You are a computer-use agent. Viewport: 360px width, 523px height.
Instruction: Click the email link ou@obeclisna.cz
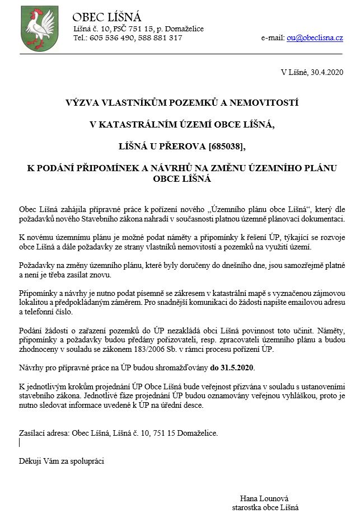point(315,38)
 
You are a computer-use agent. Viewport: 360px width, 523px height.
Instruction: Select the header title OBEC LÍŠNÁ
point(107,17)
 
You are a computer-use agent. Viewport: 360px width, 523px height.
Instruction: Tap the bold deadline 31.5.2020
point(233,368)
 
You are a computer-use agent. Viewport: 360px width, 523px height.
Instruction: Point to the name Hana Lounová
point(264,498)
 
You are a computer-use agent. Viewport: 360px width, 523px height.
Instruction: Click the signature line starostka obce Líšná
point(265,507)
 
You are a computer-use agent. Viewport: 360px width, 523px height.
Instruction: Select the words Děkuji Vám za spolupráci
point(62,461)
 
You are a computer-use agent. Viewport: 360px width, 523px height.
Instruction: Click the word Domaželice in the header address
point(185,29)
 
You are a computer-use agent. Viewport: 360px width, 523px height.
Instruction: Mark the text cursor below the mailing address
point(20,442)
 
